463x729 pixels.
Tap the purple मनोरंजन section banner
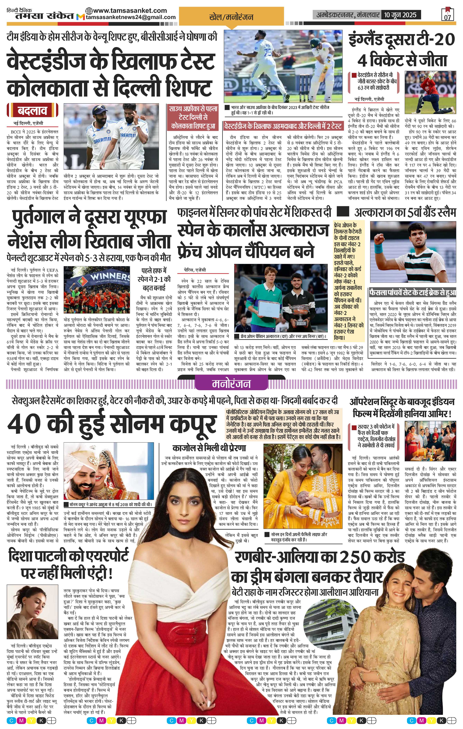(231, 384)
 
